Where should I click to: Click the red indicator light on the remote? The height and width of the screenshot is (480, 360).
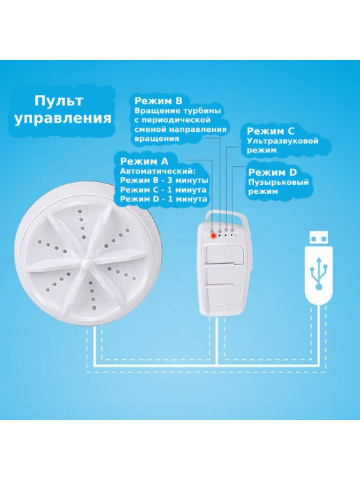click(213, 236)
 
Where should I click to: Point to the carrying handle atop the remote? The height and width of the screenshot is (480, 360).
click(227, 216)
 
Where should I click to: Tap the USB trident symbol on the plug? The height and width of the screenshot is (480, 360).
click(319, 273)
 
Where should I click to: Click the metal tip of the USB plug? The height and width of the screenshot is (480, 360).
click(319, 238)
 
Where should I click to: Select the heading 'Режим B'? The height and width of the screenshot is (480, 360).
click(158, 100)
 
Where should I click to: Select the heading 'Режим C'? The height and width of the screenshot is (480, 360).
click(271, 131)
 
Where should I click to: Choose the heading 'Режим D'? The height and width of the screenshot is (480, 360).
click(273, 172)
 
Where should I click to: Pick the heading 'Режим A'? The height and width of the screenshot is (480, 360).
click(144, 161)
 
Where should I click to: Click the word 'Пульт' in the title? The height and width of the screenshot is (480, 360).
click(59, 100)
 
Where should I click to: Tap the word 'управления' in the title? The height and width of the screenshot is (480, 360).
click(63, 119)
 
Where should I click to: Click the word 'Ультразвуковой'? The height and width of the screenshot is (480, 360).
click(283, 141)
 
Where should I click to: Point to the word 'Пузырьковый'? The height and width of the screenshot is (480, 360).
click(278, 183)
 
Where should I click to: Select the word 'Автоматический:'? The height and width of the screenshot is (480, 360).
click(158, 171)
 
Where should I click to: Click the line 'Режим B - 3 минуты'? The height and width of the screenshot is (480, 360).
click(165, 180)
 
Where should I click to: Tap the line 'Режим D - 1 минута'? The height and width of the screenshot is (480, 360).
click(163, 199)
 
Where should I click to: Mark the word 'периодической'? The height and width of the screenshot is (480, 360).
click(176, 120)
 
